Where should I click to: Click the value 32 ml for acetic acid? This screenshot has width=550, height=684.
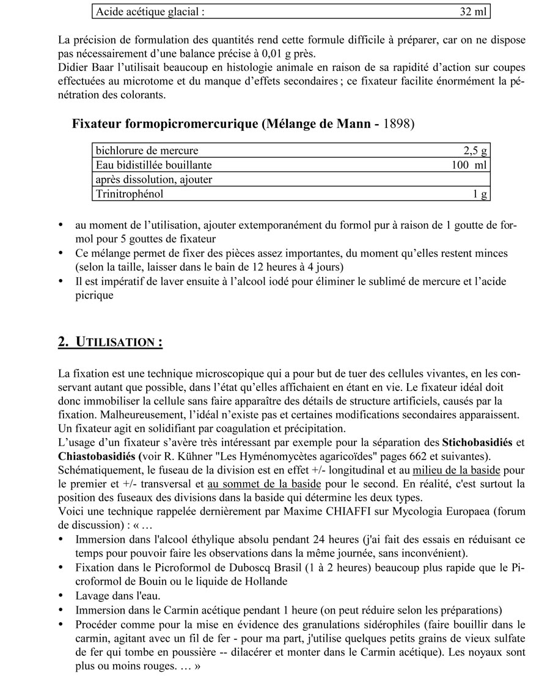pos(473,11)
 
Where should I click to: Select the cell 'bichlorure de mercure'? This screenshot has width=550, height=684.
pos(147,151)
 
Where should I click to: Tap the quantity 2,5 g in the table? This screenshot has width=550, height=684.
pos(475,151)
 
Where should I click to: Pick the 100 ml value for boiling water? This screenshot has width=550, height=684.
pos(469,165)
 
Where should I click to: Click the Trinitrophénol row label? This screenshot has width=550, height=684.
pos(130,195)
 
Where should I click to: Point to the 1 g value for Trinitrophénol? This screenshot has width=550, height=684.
pos(480,195)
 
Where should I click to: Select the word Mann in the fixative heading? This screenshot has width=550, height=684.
pos(354,124)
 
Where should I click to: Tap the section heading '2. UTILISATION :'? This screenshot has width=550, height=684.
pos(110,342)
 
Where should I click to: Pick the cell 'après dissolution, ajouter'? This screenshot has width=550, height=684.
pos(153,180)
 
